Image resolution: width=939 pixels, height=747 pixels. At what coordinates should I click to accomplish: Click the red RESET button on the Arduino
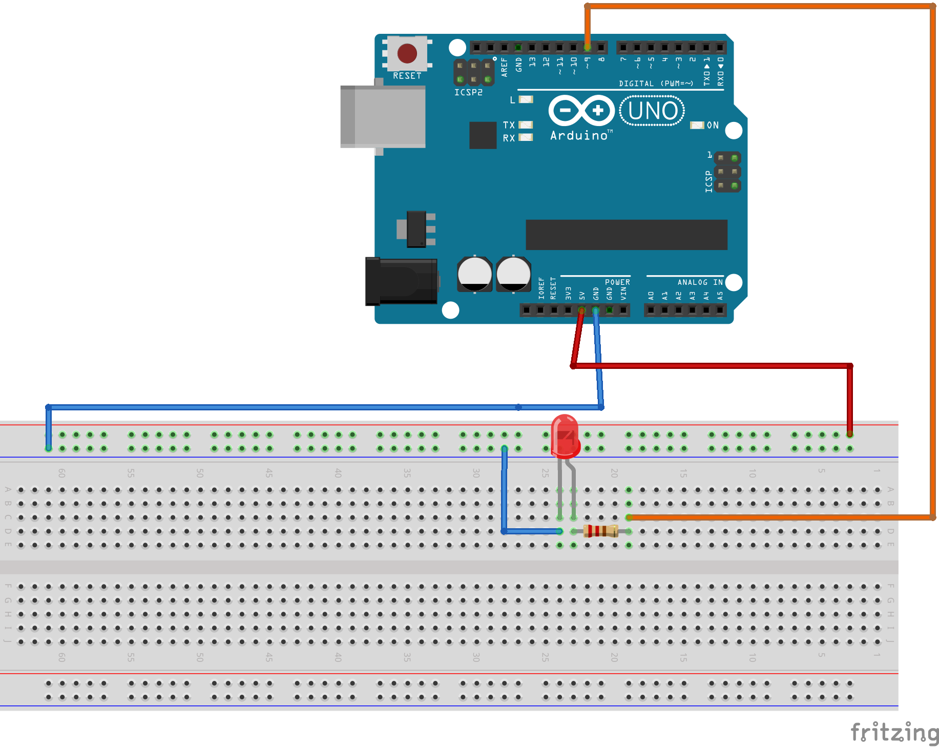[407, 53]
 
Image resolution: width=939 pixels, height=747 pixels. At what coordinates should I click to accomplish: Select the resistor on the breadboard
[601, 531]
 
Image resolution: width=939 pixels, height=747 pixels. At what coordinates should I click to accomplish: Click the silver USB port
[383, 116]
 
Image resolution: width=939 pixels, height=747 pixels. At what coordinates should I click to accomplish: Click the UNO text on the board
[652, 111]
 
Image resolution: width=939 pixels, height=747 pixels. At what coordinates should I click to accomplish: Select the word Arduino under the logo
[579, 136]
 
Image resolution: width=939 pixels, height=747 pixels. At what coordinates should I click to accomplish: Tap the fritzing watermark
[894, 733]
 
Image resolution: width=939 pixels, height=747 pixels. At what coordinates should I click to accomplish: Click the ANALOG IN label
[700, 282]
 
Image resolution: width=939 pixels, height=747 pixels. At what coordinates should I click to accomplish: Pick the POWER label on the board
[617, 282]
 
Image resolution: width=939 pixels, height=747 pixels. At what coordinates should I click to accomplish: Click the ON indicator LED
[697, 126]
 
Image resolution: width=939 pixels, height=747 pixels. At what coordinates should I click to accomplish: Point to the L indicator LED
[526, 99]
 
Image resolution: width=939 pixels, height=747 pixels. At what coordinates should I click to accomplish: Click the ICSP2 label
[468, 92]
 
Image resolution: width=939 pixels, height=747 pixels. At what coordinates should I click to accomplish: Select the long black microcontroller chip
[626, 235]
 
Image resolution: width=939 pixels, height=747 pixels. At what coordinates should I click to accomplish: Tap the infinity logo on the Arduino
[581, 110]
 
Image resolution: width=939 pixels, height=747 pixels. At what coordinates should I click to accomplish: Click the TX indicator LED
[526, 125]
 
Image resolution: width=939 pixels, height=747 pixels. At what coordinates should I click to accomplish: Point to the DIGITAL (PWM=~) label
[656, 84]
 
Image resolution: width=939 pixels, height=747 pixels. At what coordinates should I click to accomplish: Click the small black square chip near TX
[483, 135]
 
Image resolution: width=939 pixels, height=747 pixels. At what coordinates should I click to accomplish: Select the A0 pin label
[651, 296]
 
